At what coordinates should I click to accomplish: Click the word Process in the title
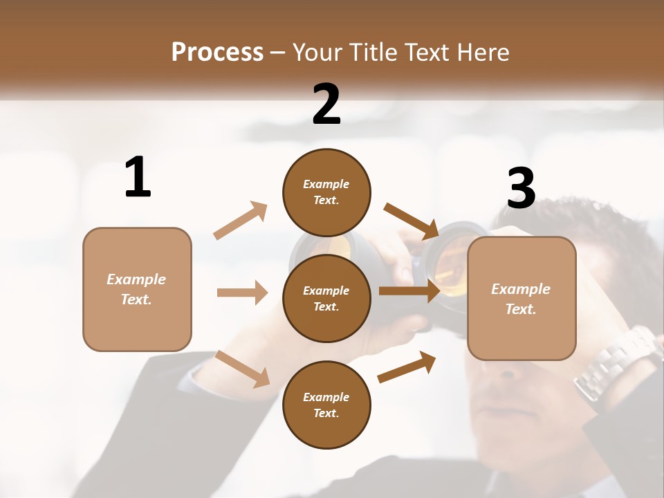tap(217, 53)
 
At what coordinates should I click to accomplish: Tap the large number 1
tap(138, 178)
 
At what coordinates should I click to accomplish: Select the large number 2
tap(326, 104)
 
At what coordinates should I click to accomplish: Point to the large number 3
tap(522, 189)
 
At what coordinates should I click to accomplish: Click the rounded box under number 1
tap(137, 289)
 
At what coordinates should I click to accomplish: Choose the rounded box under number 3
tap(522, 299)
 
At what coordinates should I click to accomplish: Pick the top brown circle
tap(326, 192)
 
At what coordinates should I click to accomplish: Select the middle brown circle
tap(326, 298)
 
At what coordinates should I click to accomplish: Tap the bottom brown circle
tap(326, 405)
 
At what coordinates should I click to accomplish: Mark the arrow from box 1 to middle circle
tap(242, 293)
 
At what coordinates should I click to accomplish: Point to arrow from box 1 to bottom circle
tap(242, 368)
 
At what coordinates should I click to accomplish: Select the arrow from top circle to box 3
tap(412, 221)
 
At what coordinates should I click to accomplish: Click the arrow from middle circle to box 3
tap(409, 291)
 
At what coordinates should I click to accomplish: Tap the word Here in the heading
tap(483, 53)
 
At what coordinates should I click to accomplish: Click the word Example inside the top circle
tap(326, 184)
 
